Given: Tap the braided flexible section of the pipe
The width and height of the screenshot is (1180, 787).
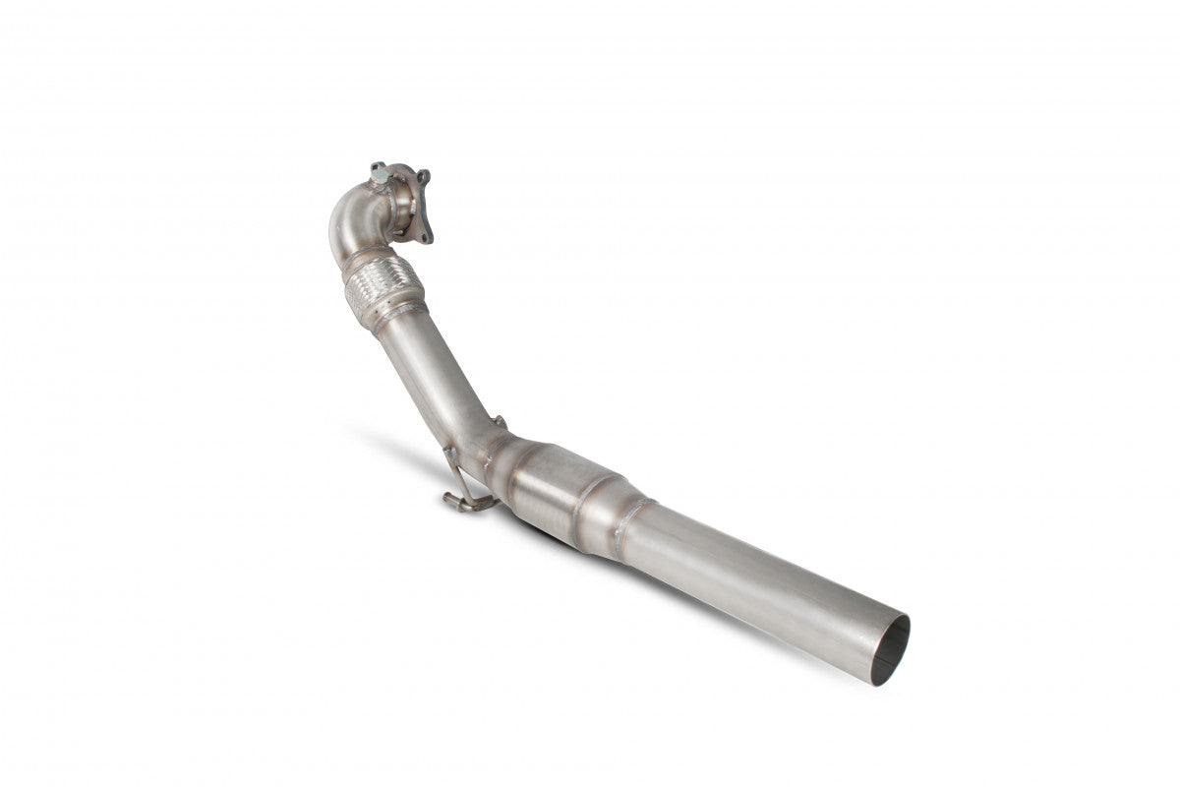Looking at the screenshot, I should coord(383,281).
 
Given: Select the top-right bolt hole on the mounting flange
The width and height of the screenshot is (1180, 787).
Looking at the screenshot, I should coord(424,177).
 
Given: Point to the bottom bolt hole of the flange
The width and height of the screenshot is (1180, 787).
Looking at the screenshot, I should coord(425,235).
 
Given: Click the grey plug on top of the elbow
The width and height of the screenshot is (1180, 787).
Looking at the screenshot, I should coord(380,174).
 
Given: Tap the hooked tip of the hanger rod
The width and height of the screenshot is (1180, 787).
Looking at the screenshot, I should coord(451,502).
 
